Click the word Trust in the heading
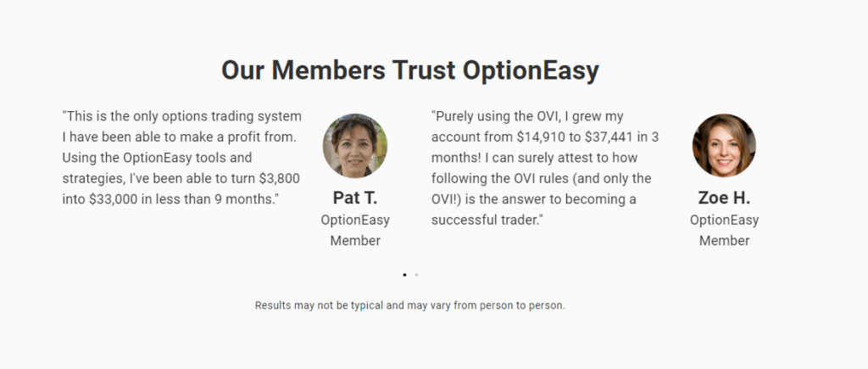[424, 70]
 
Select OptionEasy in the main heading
[531, 71]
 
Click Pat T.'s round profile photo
[355, 146]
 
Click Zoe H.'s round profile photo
[724, 146]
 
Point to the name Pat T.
[355, 198]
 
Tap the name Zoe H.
[724, 198]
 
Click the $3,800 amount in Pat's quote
[280, 178]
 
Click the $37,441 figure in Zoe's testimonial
[609, 137]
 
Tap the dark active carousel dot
[404, 275]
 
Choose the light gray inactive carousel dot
[416, 275]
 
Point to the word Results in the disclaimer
[273, 305]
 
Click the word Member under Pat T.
[355, 241]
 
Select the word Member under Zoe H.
[725, 241]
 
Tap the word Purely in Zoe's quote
[454, 117]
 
